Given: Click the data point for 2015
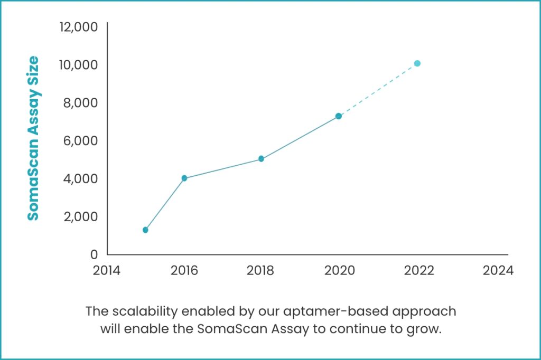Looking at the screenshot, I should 145,230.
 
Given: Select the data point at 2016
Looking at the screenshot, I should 184,178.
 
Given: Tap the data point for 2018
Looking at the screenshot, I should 261,158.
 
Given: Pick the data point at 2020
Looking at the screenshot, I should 339,116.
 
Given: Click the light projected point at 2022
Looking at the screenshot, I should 417,63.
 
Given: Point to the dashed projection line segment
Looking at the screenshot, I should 378,90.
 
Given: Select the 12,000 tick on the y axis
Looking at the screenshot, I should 78,26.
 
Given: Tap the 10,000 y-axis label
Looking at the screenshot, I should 78,64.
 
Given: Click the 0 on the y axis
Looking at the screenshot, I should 94,254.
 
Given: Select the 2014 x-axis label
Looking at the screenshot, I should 107,270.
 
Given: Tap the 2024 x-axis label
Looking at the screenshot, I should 498,270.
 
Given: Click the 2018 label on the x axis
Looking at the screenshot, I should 260,270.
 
